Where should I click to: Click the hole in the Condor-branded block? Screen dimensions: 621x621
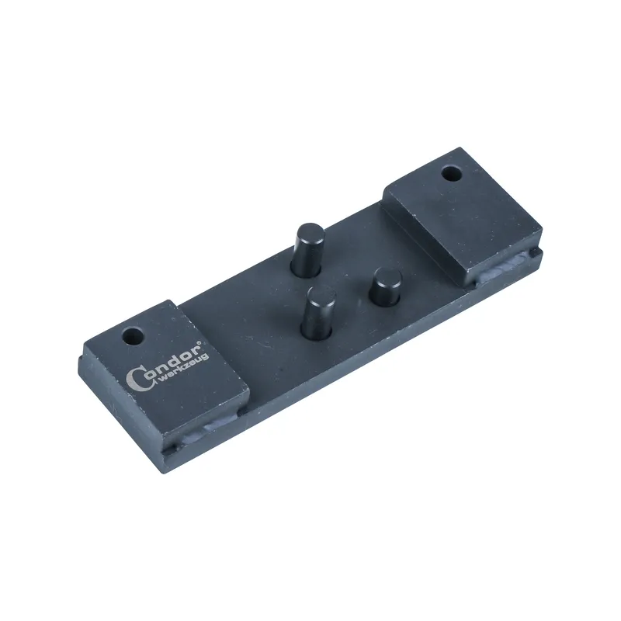pyautogui.click(x=133, y=336)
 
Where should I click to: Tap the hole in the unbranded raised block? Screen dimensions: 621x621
pyautogui.click(x=452, y=173)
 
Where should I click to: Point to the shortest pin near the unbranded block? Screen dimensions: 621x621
pyautogui.click(x=384, y=286)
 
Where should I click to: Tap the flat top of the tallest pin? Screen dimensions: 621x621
pyautogui.click(x=311, y=232)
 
